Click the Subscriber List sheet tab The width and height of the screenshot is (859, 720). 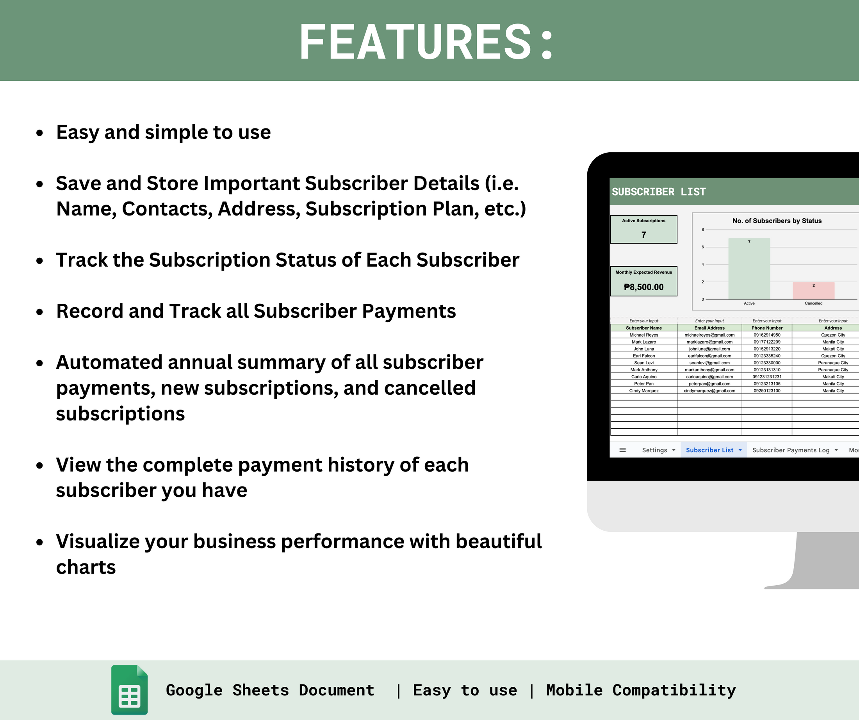(709, 450)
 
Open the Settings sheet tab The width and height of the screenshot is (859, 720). (654, 450)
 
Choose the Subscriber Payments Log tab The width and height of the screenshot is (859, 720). (790, 450)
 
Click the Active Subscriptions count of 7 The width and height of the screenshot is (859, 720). (643, 235)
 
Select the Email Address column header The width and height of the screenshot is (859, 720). (709, 328)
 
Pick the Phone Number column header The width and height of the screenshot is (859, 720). (767, 328)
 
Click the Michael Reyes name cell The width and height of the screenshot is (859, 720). (644, 335)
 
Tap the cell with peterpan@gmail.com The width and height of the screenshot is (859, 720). (709, 384)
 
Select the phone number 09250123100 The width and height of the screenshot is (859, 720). (767, 391)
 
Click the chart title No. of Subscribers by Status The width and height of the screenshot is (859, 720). (777, 221)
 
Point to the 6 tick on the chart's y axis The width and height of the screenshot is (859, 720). (703, 247)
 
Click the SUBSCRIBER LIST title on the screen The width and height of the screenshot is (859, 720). (659, 192)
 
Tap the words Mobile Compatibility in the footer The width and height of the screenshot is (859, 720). (641, 690)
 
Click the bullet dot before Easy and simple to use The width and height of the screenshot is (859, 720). (40, 133)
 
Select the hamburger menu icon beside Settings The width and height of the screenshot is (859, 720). (622, 450)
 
